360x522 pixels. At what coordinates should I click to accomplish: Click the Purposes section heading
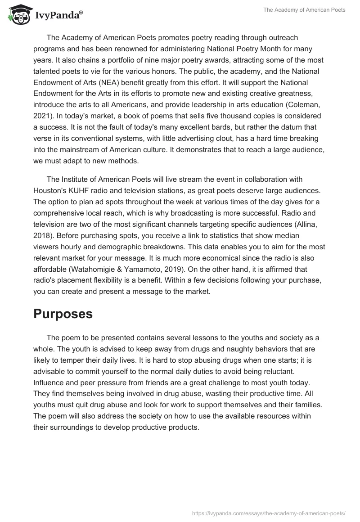point(63,314)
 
